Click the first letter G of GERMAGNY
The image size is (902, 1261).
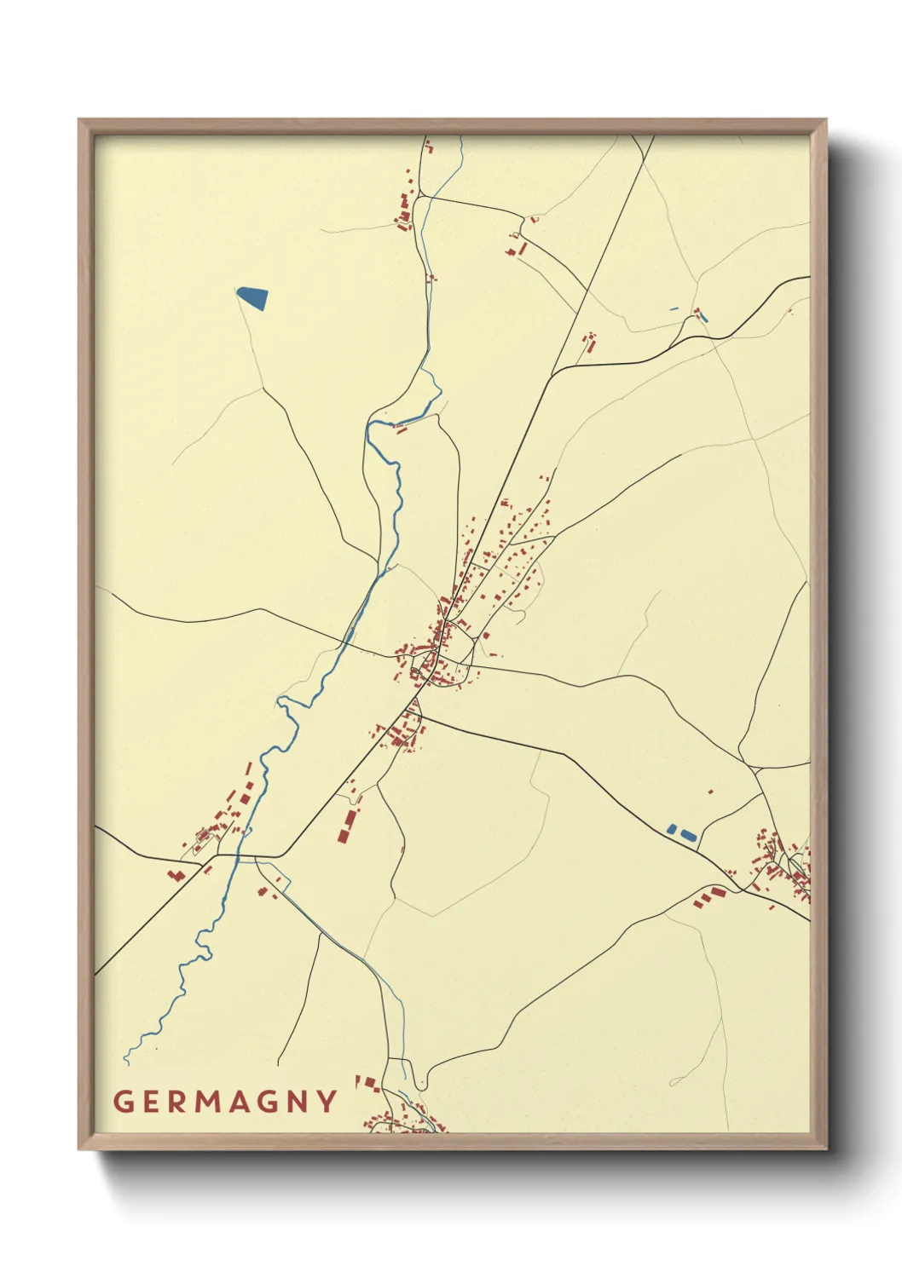(x=124, y=1102)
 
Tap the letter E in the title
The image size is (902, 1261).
(x=151, y=1102)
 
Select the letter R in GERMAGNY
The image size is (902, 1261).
(x=178, y=1102)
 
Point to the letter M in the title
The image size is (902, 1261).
(x=210, y=1102)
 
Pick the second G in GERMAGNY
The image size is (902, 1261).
(x=271, y=1102)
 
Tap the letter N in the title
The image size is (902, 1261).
(x=300, y=1102)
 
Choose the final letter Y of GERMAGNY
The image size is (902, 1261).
(x=328, y=1102)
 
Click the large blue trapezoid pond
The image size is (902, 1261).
(x=253, y=297)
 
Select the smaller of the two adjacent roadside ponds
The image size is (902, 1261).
(x=672, y=828)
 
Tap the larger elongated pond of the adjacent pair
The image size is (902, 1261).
(x=687, y=835)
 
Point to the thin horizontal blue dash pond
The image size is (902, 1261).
(x=674, y=308)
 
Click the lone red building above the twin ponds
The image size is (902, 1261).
(x=711, y=792)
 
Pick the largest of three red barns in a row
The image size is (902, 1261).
(x=718, y=892)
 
